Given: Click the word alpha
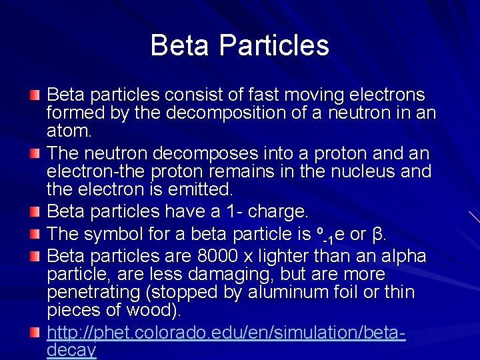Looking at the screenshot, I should point(406,257).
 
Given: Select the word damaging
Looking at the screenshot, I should point(220,275).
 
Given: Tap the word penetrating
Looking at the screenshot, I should point(87,293).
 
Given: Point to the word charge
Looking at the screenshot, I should point(278,212).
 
